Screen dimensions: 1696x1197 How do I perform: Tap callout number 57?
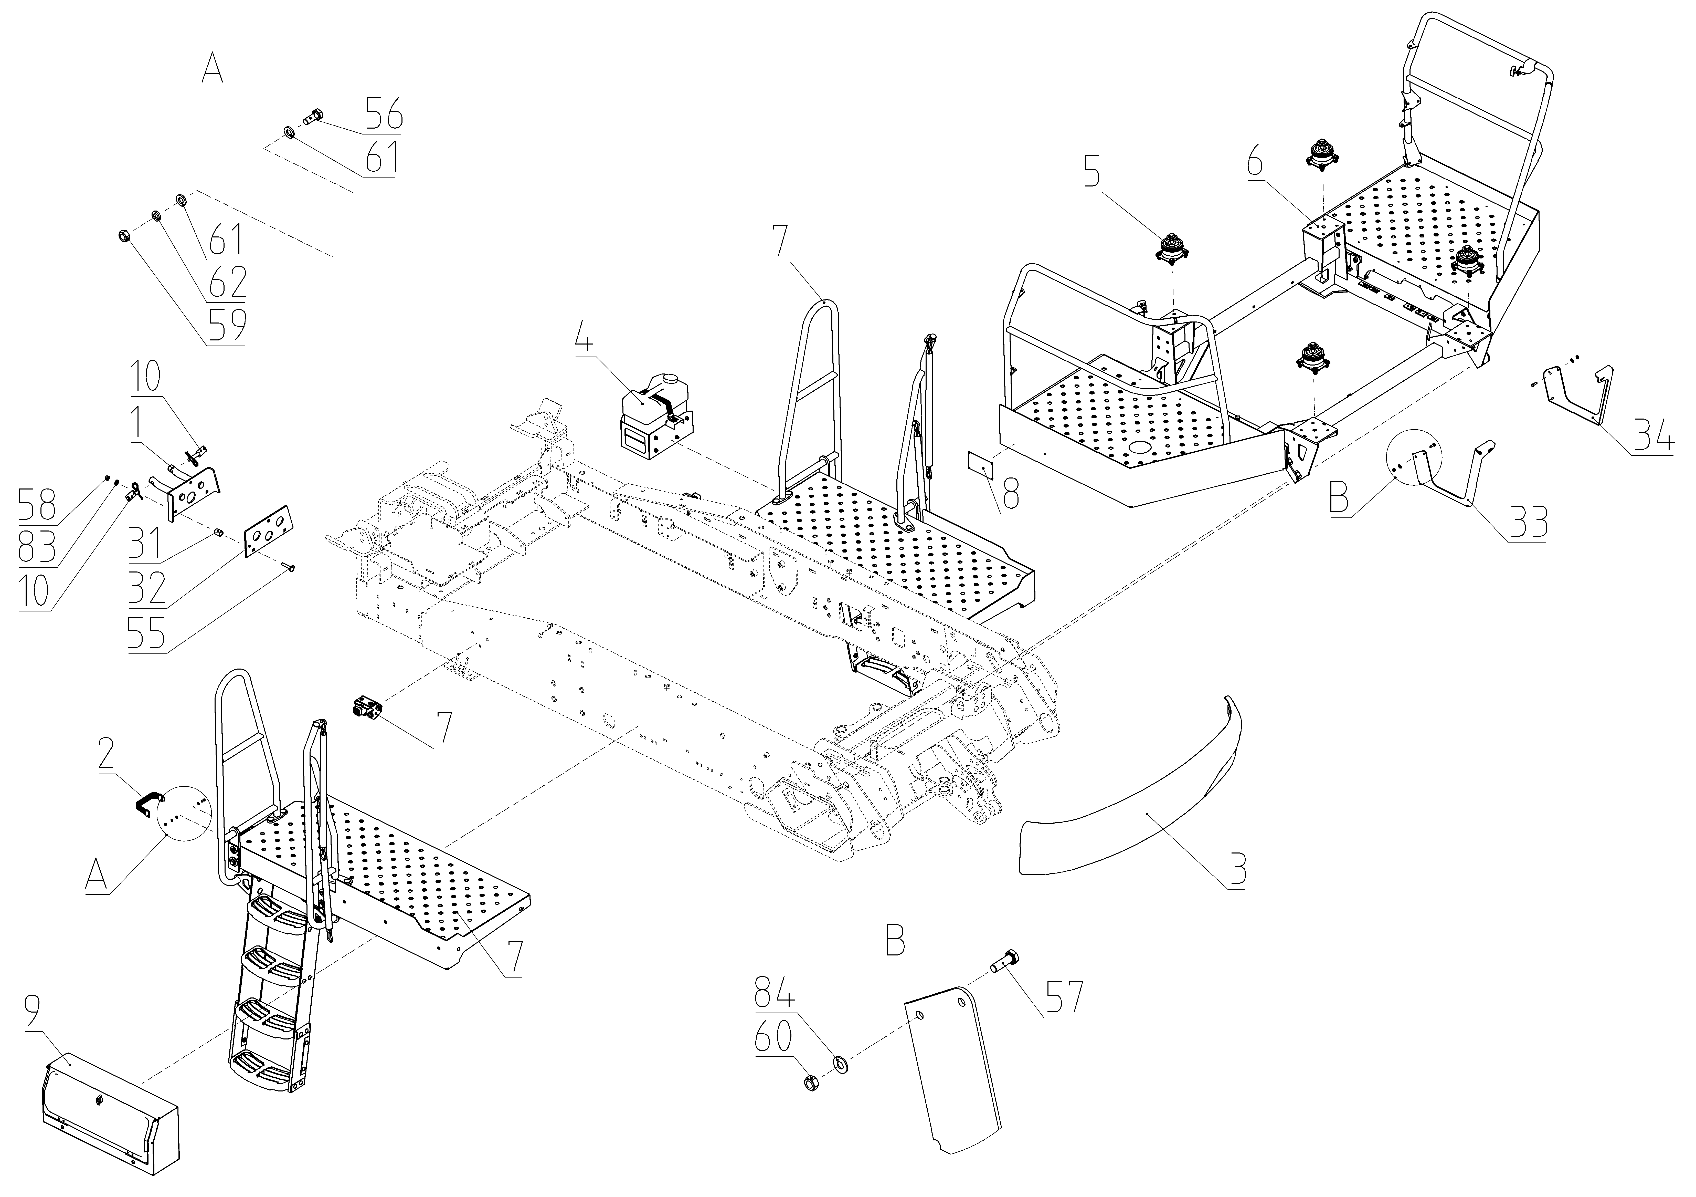click(1062, 997)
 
